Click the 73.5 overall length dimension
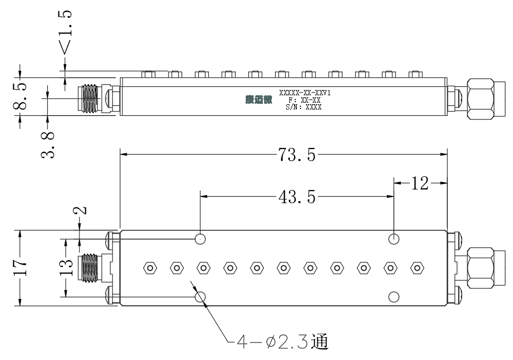(x=297, y=154)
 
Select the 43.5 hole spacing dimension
(x=297, y=197)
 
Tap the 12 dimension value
(x=420, y=183)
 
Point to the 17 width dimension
(x=19, y=267)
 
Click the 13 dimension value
(x=66, y=267)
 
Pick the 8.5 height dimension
(x=19, y=96)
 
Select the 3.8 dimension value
(x=48, y=145)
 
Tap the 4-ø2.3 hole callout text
(x=282, y=342)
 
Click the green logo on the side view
(x=259, y=99)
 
